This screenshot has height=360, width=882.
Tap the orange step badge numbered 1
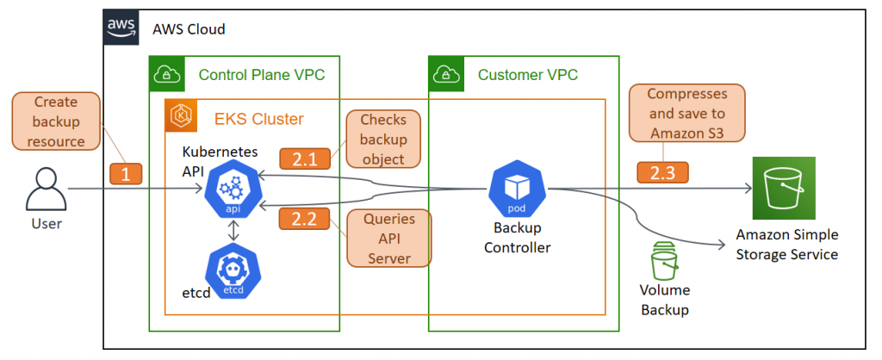pos(125,173)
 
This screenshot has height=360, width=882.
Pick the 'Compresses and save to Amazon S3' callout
pos(686,113)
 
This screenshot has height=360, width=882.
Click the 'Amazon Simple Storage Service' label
pos(786,244)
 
